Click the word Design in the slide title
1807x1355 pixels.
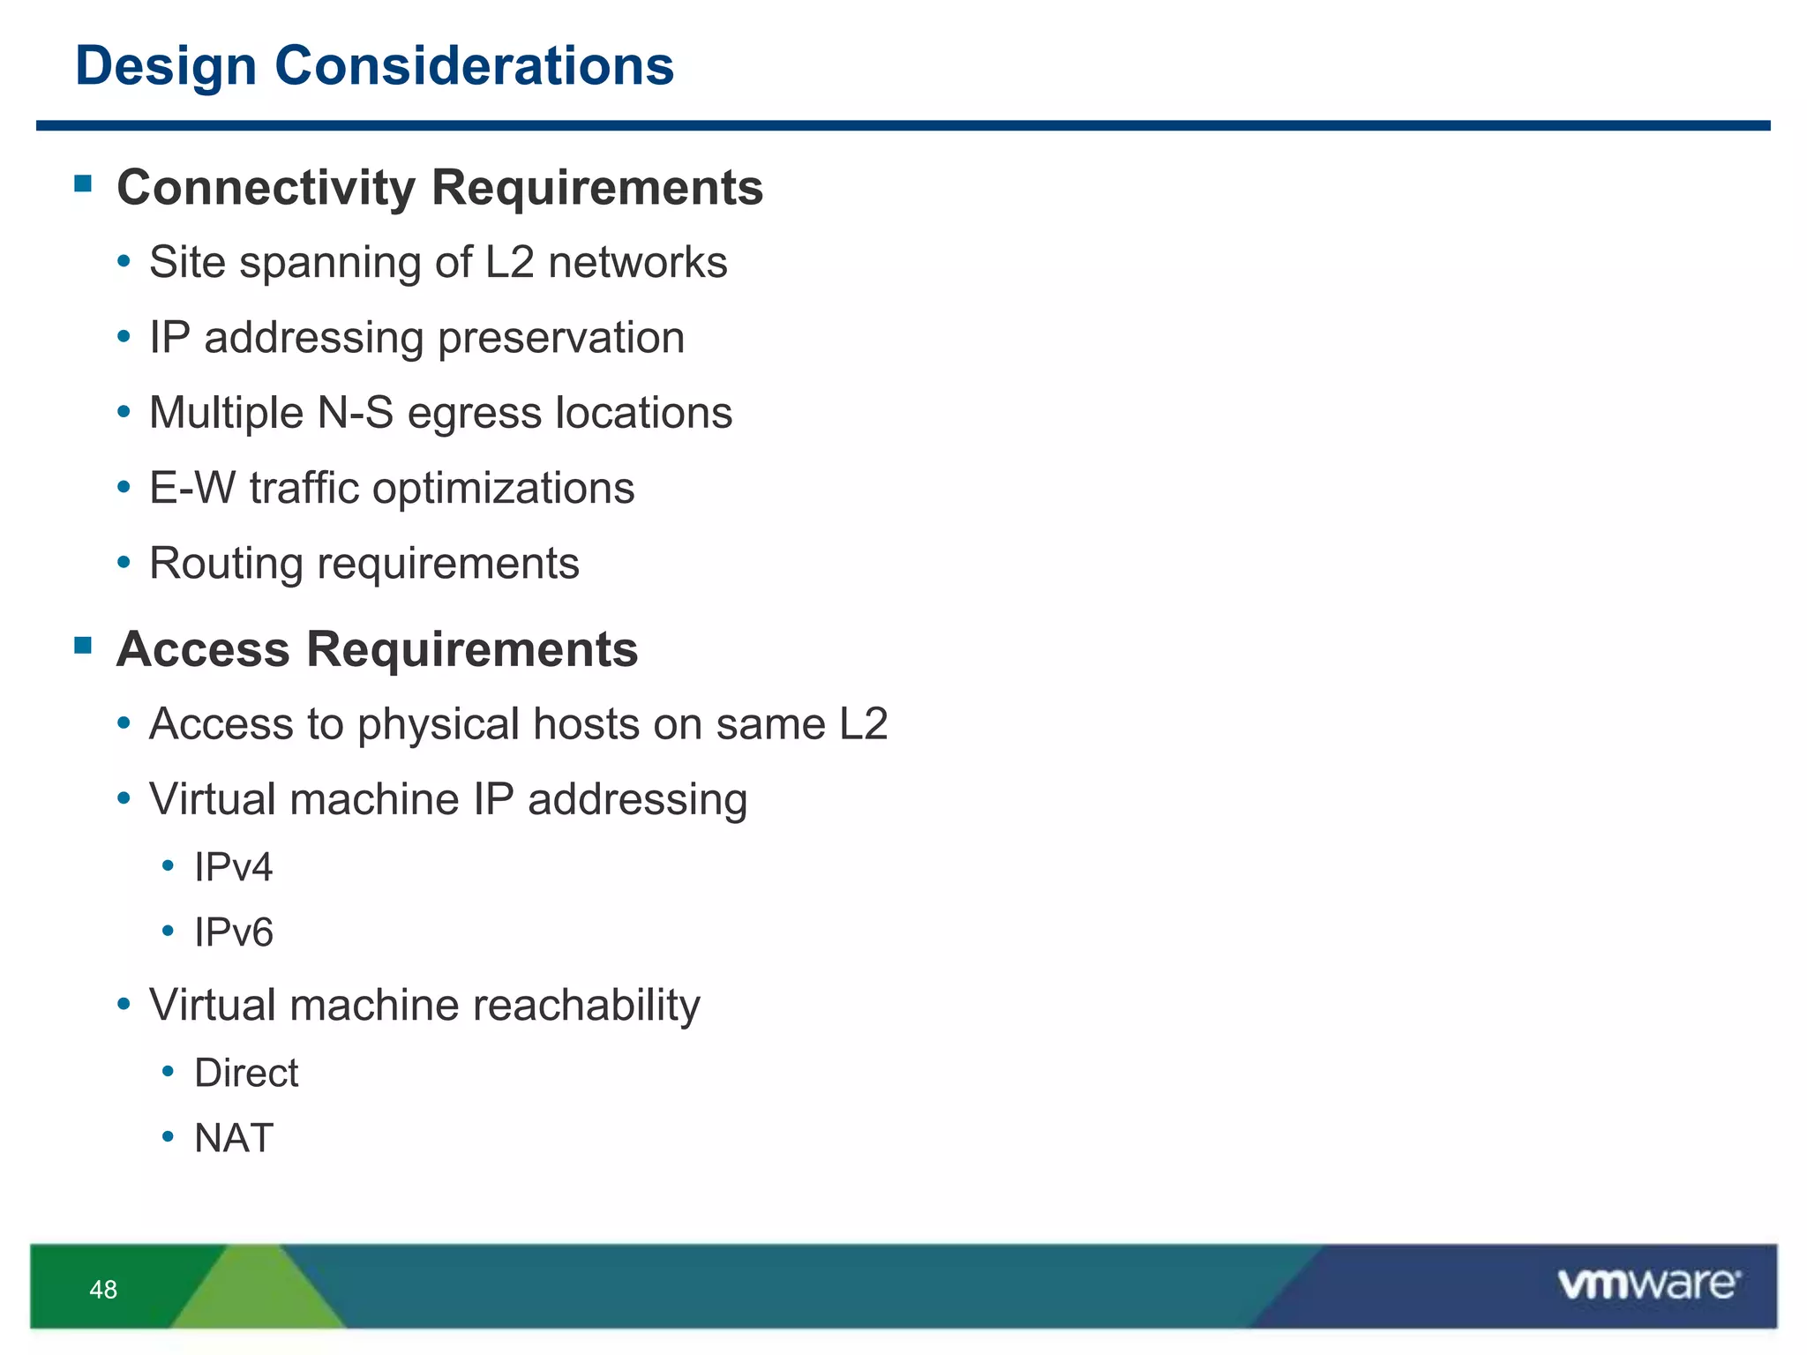[x=166, y=67]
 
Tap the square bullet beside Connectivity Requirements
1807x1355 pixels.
[x=84, y=183]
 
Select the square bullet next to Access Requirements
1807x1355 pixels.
[x=84, y=645]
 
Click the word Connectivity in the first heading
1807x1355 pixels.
[x=266, y=188]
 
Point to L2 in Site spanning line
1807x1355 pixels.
[x=509, y=262]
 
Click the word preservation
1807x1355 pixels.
[x=561, y=338]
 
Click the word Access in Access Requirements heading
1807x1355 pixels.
[x=203, y=650]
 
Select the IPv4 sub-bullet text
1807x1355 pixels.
[x=233, y=867]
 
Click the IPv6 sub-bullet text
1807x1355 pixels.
[x=233, y=932]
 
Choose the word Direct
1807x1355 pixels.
[x=246, y=1074]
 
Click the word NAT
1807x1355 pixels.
[x=233, y=1139]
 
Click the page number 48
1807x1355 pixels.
[x=103, y=1290]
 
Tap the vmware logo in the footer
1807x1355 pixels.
[x=1648, y=1284]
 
